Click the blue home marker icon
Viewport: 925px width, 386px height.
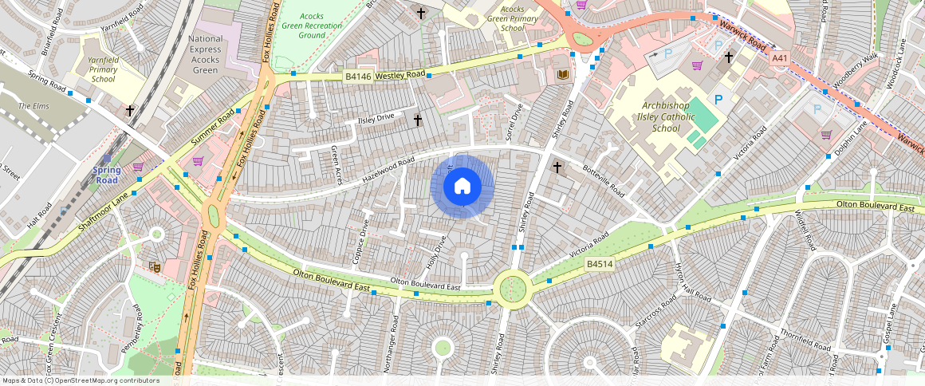coord(462,187)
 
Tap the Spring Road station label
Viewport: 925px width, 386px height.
coord(107,175)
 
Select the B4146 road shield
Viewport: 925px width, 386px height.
coord(357,77)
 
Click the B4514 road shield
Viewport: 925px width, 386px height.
coord(599,264)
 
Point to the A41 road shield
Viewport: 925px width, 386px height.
coord(780,58)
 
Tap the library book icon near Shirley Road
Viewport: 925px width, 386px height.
coord(563,75)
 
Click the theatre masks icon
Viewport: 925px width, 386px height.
coord(155,267)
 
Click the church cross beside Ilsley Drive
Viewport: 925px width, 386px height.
coord(417,120)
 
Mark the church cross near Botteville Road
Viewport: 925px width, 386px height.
coord(557,167)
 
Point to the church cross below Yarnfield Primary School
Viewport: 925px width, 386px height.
coord(130,111)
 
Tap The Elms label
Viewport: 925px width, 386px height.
coord(33,106)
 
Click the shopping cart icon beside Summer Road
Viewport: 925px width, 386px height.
coord(197,161)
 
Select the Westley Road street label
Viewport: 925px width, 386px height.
coord(400,75)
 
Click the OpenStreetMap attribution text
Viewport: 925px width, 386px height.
coord(80,380)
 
